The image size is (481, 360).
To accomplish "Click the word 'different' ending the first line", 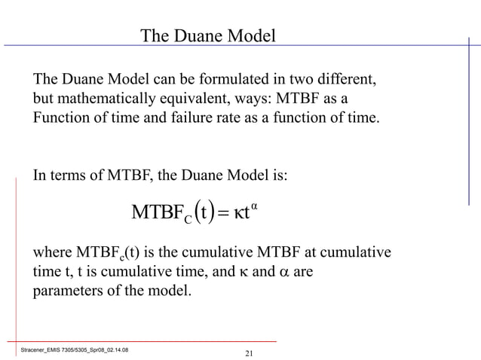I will (x=346, y=79).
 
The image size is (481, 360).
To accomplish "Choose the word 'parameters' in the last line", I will (x=68, y=290).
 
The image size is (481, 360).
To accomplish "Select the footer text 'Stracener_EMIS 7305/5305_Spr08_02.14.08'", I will (x=73, y=349).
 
